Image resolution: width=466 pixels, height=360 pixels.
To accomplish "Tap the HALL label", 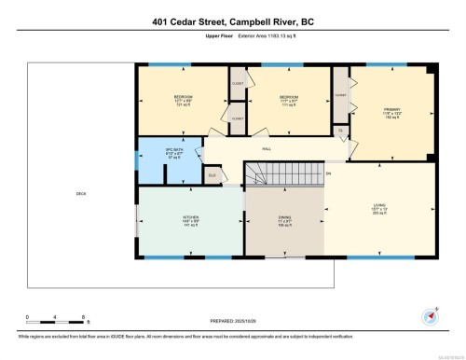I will coord(265,147).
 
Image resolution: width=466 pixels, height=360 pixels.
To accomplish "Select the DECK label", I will coord(81,194).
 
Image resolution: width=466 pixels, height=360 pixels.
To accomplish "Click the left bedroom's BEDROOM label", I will coord(183,98).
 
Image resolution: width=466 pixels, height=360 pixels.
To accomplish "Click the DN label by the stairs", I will coord(328,173).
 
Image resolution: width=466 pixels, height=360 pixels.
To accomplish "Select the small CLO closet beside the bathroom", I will coord(212,174).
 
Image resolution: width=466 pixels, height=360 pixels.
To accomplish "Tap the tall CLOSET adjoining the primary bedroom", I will coord(340,98).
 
